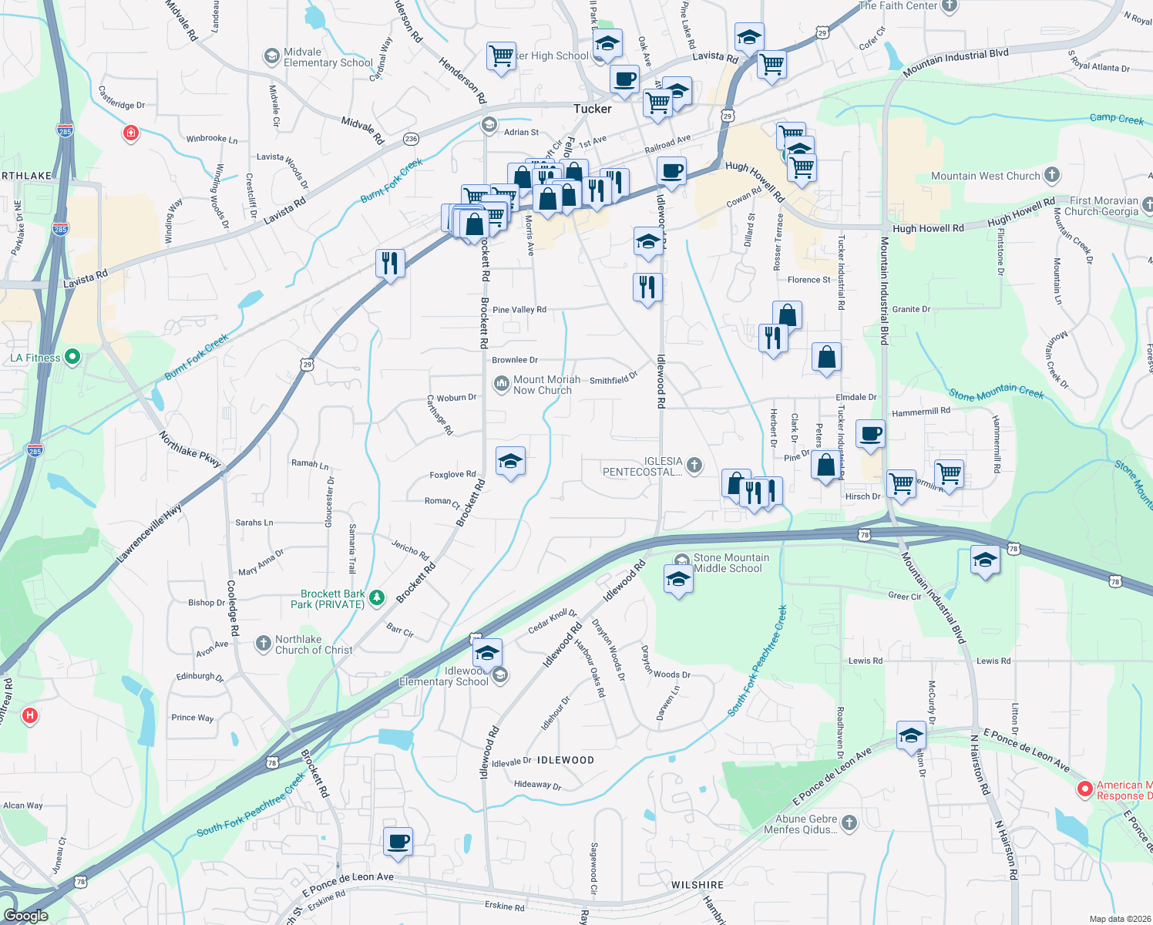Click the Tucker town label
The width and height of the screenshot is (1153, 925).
point(592,109)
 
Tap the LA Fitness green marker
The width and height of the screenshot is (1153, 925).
point(72,357)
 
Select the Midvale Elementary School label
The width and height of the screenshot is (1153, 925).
point(328,57)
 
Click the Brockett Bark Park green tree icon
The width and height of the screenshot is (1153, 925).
point(377,597)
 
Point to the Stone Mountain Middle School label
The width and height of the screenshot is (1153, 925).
point(731,563)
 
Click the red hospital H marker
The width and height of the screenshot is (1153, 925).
point(30,715)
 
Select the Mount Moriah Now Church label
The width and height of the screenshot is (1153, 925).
point(546,385)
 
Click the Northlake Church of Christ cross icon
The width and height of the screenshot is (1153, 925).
point(264,643)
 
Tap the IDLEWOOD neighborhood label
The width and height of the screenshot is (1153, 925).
point(566,760)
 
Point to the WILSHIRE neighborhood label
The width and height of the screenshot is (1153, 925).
point(697,885)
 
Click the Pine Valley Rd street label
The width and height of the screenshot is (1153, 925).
point(519,310)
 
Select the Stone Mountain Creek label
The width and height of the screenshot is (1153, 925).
point(996,393)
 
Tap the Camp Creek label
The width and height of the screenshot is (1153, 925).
point(1116,118)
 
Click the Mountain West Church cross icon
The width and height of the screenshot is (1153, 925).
point(1052,175)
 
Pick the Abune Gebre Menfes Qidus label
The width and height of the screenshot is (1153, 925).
point(806,824)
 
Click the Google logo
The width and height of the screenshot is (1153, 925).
point(26,916)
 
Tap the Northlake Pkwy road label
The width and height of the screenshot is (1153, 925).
point(190,449)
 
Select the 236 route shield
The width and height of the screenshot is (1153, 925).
point(411,140)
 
